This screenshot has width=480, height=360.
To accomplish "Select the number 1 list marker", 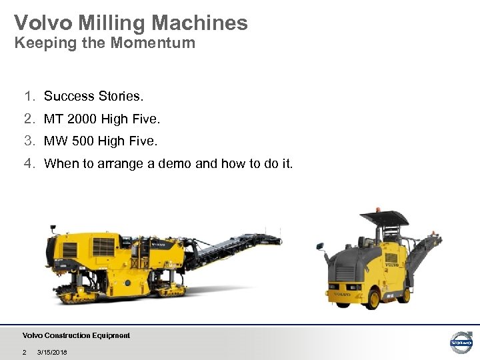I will tap(28, 96).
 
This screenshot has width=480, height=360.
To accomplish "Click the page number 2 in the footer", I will tap(24, 352).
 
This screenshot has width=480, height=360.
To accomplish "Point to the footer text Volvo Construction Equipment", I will tap(76, 335).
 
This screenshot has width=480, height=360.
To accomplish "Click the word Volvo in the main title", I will tap(41, 23).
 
